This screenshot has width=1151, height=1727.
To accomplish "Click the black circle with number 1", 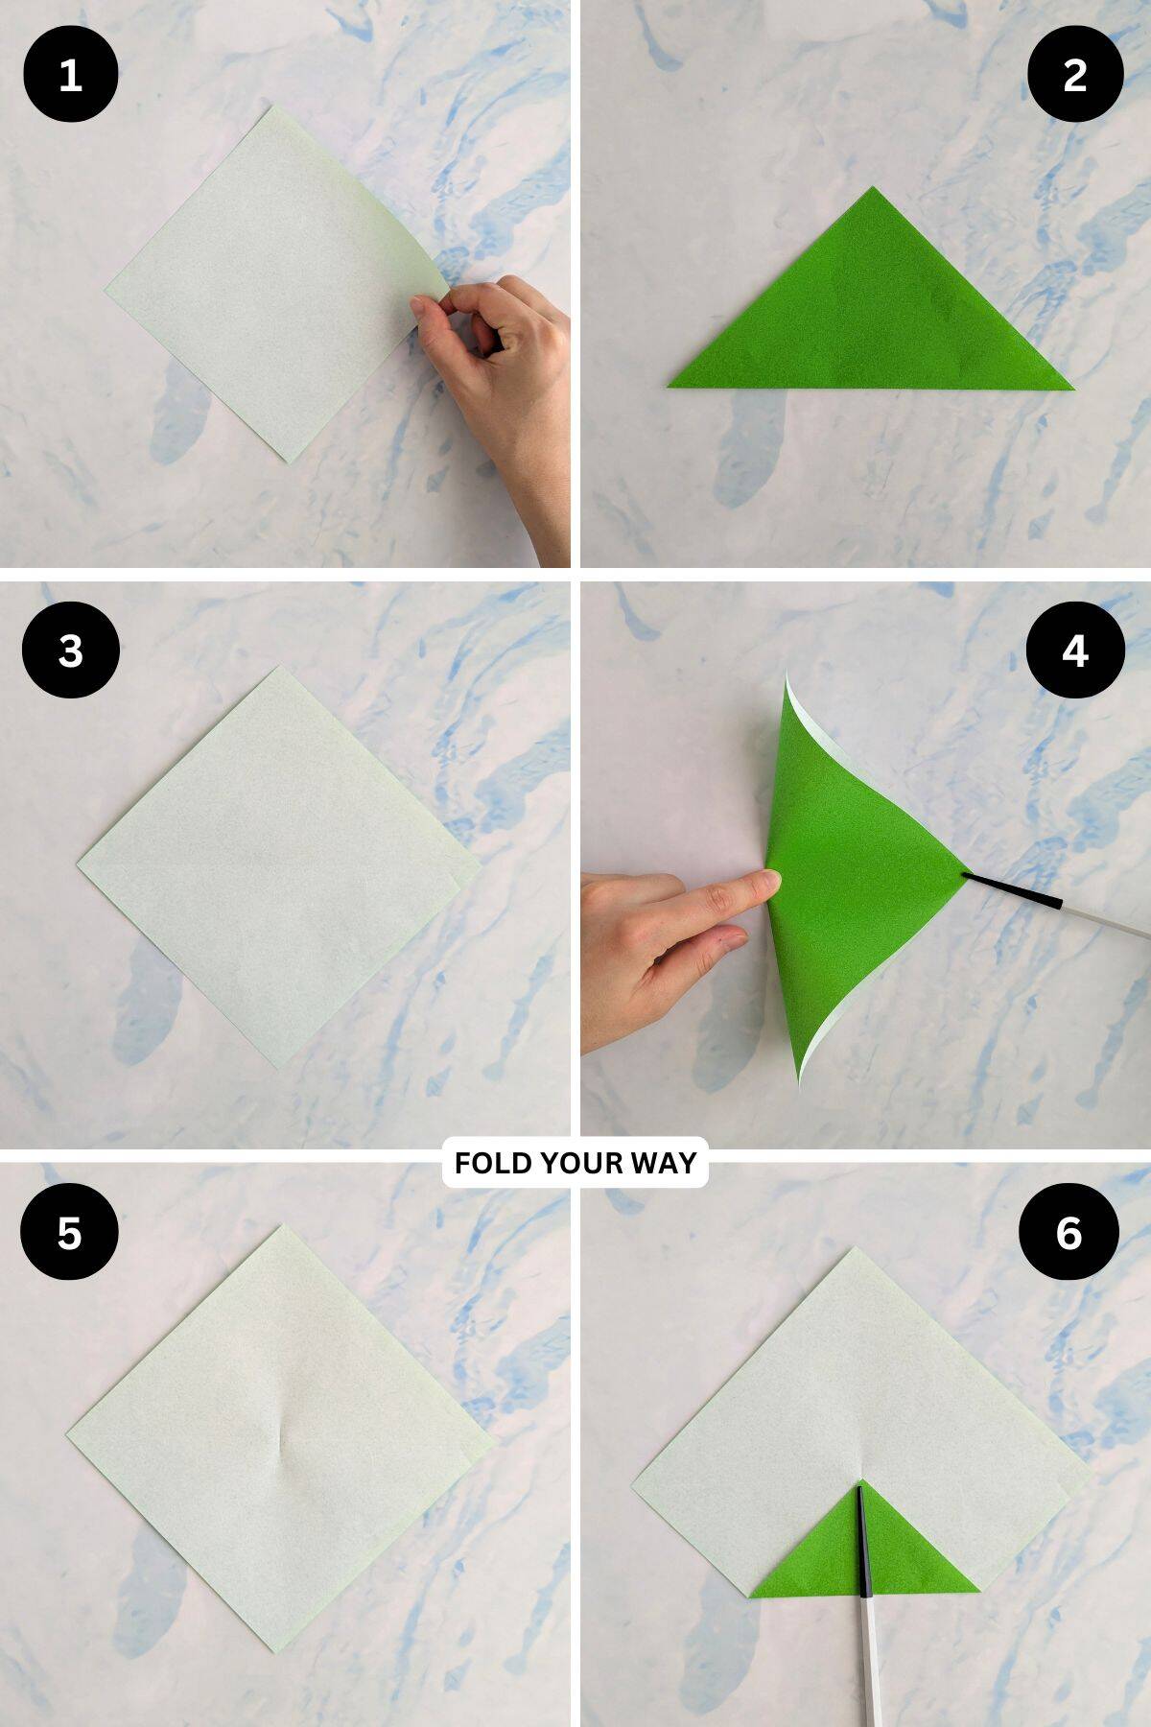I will (x=70, y=75).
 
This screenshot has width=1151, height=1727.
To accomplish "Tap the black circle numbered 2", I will (x=1074, y=75).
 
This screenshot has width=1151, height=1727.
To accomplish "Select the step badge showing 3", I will (x=70, y=651).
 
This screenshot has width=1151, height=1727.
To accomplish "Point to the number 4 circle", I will (x=1074, y=651).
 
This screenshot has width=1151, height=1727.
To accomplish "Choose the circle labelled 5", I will (x=70, y=1232).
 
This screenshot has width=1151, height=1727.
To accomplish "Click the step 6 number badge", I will (x=1069, y=1232).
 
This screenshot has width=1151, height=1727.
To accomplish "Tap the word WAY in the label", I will (x=664, y=1163).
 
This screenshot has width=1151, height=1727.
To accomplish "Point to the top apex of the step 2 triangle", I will (x=872, y=189).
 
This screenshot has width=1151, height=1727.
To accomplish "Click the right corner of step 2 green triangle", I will (x=1070, y=389).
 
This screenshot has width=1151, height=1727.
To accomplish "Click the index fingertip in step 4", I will (x=766, y=880).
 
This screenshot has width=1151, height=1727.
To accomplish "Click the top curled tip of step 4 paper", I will (x=787, y=676).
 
